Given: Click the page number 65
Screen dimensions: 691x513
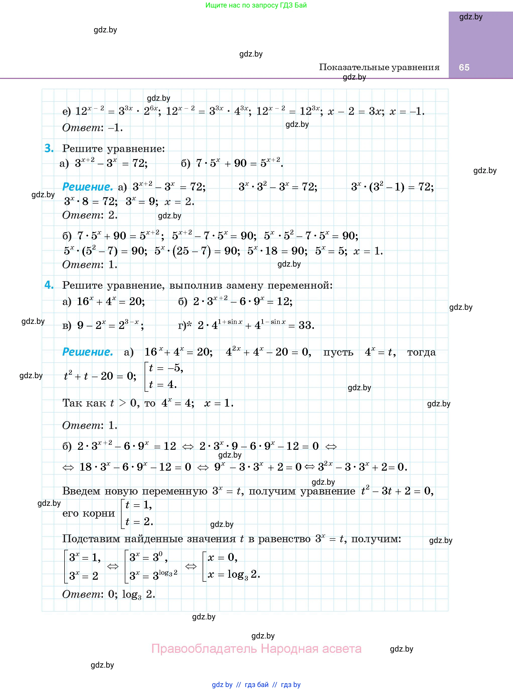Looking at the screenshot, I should [x=464, y=67].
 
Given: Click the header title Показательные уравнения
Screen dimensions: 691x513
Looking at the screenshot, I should [x=379, y=67].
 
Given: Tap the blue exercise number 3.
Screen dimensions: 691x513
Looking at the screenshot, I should [x=49, y=149].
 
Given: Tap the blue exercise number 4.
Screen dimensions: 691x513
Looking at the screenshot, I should [x=49, y=285].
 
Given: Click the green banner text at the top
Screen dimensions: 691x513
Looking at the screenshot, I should [x=256, y=5].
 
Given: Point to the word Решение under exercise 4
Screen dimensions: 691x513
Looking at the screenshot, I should [x=88, y=352].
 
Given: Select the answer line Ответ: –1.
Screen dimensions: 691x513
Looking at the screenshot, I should [x=92, y=128].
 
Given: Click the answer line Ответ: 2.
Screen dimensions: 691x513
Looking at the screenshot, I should [x=90, y=215].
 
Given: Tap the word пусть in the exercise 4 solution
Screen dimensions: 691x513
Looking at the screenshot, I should [x=338, y=352].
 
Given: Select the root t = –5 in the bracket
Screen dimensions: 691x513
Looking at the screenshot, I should [x=166, y=368].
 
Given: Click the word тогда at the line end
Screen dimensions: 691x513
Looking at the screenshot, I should [x=421, y=352].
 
